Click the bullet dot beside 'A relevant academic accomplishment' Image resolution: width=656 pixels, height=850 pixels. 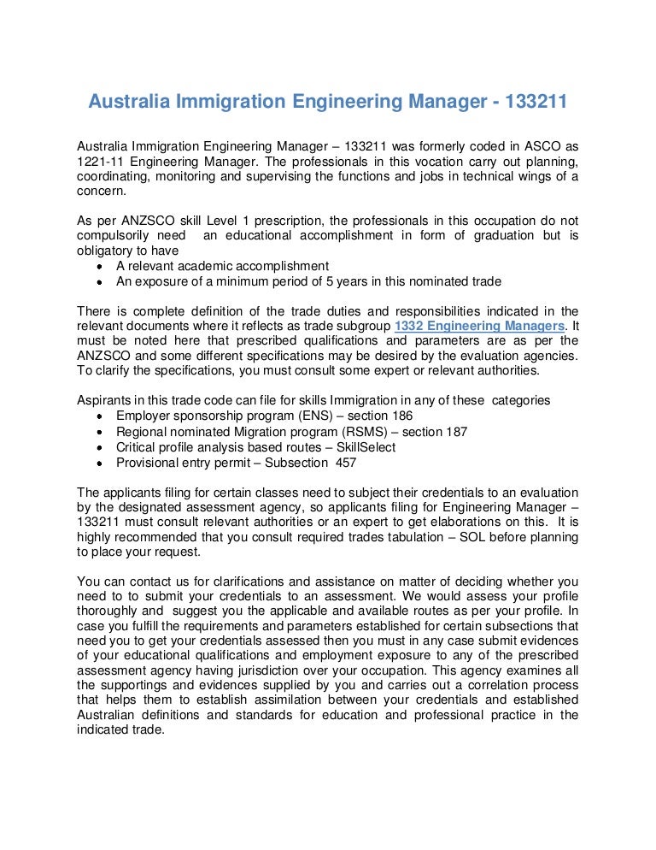point(101,266)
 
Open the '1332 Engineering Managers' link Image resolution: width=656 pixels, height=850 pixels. point(478,327)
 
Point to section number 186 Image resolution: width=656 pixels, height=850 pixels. point(400,416)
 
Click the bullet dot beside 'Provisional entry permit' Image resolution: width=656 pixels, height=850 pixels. point(101,463)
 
